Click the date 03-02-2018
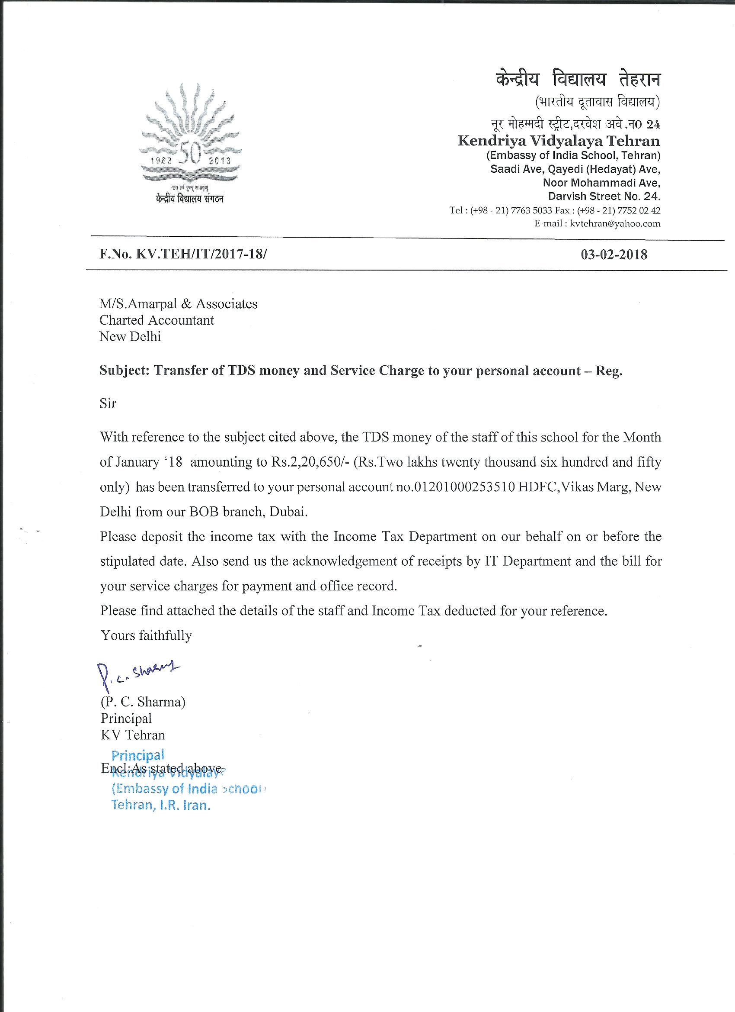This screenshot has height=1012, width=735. coord(614,255)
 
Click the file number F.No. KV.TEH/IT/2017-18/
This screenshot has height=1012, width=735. coord(183,254)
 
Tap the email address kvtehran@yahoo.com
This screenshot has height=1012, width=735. coord(615,223)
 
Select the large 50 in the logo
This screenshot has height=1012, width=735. coord(191,154)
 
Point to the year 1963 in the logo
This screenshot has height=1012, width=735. coord(161,161)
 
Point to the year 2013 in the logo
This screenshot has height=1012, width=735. coord(219,161)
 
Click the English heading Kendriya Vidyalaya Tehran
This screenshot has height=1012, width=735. coord(559,141)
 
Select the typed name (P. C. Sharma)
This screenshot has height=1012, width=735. coord(143,702)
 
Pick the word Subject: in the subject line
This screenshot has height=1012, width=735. coord(125,371)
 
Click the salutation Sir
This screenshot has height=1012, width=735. coord(108,404)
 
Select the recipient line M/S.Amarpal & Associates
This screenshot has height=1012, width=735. coord(178,304)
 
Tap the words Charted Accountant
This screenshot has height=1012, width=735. coord(157,320)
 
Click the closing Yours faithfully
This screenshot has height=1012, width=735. coord(146,635)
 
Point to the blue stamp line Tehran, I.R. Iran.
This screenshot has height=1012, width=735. coord(160,806)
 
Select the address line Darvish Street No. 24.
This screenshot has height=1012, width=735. coord(604,197)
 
